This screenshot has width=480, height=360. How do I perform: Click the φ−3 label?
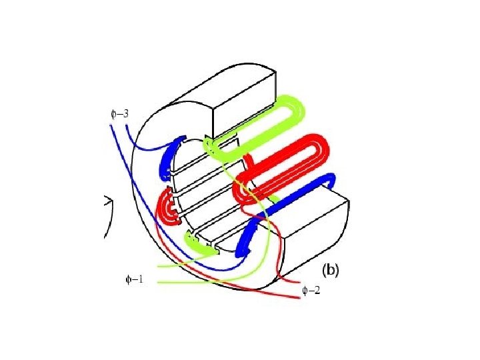pos(119,113)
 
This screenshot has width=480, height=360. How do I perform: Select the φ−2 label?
pos(311,291)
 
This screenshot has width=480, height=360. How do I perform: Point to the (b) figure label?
pos(331,271)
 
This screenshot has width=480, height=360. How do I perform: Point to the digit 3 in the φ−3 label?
pos(125,113)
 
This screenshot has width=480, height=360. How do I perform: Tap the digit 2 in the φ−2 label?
pos(317,291)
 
